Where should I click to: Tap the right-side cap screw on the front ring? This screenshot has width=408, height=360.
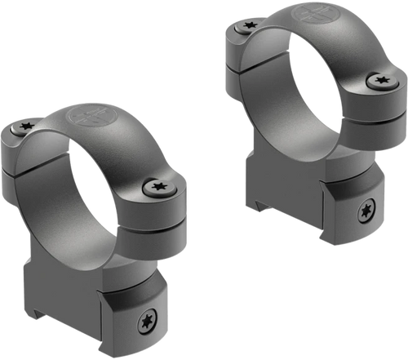click(x=157, y=187)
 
